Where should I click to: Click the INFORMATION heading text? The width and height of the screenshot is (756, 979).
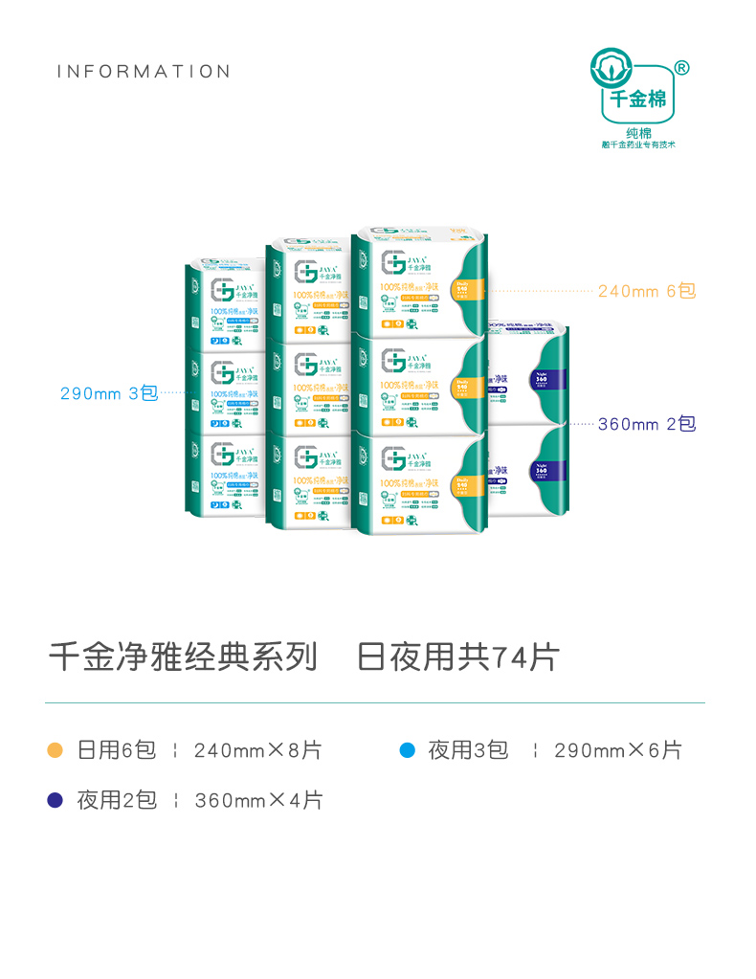click(x=144, y=72)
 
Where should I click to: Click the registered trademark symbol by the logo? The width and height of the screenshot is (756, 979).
click(x=681, y=67)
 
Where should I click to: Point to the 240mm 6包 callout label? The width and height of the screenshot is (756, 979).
click(x=647, y=291)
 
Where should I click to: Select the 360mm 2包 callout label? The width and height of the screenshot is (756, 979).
click(x=647, y=424)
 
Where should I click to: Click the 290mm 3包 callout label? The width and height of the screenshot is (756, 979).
click(x=108, y=393)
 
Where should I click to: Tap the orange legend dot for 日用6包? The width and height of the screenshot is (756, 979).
click(x=56, y=750)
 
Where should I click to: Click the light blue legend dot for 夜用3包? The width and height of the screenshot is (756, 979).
click(x=407, y=750)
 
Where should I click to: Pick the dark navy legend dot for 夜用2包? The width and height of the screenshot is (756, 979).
click(x=56, y=800)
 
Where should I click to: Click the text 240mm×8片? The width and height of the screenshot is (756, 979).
click(x=257, y=750)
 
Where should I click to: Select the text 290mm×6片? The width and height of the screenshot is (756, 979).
click(x=618, y=750)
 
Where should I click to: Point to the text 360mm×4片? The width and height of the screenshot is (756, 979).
click(x=258, y=800)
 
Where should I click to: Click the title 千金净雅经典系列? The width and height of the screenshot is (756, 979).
click(x=183, y=657)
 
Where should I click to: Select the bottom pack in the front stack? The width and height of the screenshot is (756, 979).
click(x=421, y=483)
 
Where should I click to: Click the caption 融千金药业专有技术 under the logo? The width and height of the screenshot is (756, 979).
click(x=638, y=145)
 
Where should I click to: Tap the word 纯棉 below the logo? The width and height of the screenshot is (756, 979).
click(x=638, y=132)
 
